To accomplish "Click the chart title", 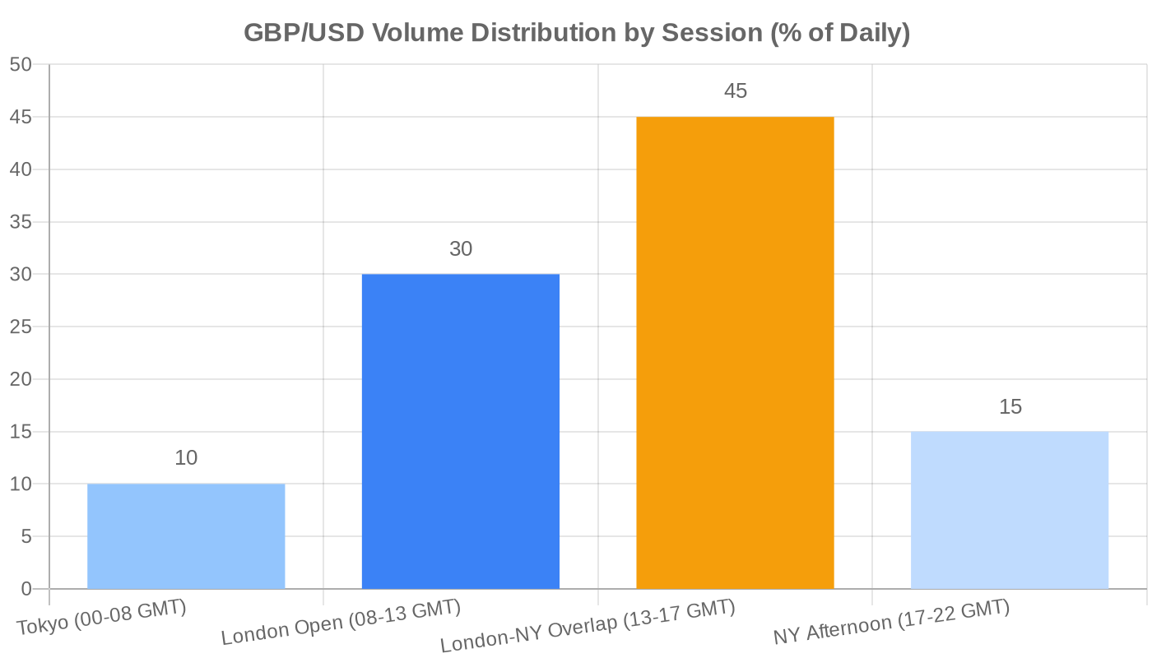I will pyautogui.click(x=576, y=34).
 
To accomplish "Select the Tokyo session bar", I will pyautogui.click(x=186, y=536).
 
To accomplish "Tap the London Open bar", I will pyautogui.click(x=461, y=431).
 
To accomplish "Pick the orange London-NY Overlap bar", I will pyautogui.click(x=735, y=353).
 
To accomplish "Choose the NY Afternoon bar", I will pyautogui.click(x=1010, y=510).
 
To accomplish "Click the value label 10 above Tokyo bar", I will pyautogui.click(x=186, y=458).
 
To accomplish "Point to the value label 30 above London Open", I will pyautogui.click(x=461, y=248).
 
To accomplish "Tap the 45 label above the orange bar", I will pyautogui.click(x=735, y=91).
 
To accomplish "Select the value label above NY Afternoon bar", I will pyautogui.click(x=1010, y=406).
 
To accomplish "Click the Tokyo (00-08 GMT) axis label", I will pyautogui.click(x=102, y=619).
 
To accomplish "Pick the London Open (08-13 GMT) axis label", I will pyautogui.click(x=341, y=623).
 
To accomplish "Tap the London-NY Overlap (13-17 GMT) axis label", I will pyautogui.click(x=588, y=628).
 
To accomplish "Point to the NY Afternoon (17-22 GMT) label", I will pyautogui.click(x=891, y=623).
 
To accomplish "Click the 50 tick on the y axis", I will pyautogui.click(x=21, y=65).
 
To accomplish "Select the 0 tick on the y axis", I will pyautogui.click(x=26, y=589).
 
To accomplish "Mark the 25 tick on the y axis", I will pyautogui.click(x=21, y=327).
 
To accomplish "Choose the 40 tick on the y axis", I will pyautogui.click(x=21, y=170).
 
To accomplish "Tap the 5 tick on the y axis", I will pyautogui.click(x=26, y=536).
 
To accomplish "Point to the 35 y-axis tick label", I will pyautogui.click(x=21, y=222).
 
